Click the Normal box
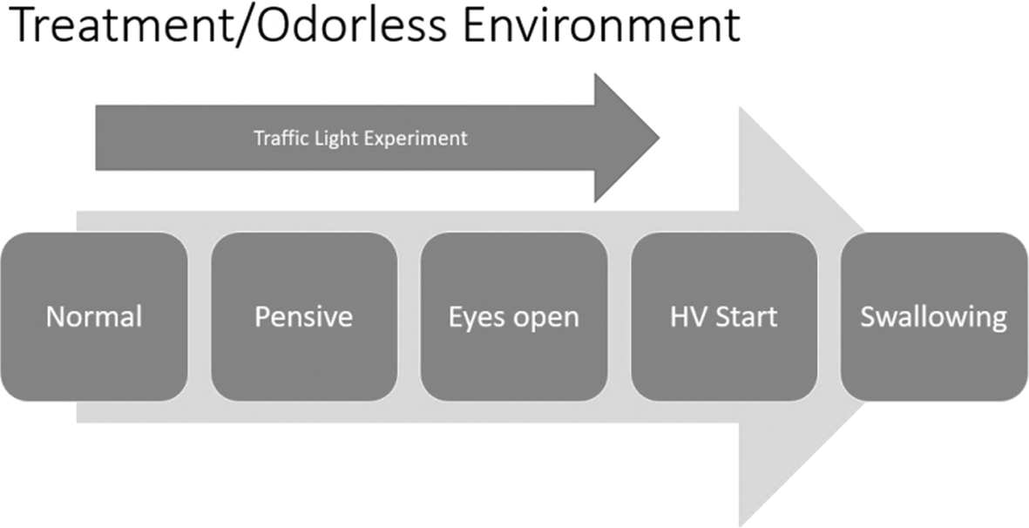(94, 317)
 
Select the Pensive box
(304, 317)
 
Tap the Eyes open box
(514, 317)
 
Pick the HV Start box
(724, 317)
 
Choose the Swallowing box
(934, 317)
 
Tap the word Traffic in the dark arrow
(275, 139)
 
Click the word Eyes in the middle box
(468, 317)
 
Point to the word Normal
(94, 317)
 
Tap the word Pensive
(304, 317)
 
